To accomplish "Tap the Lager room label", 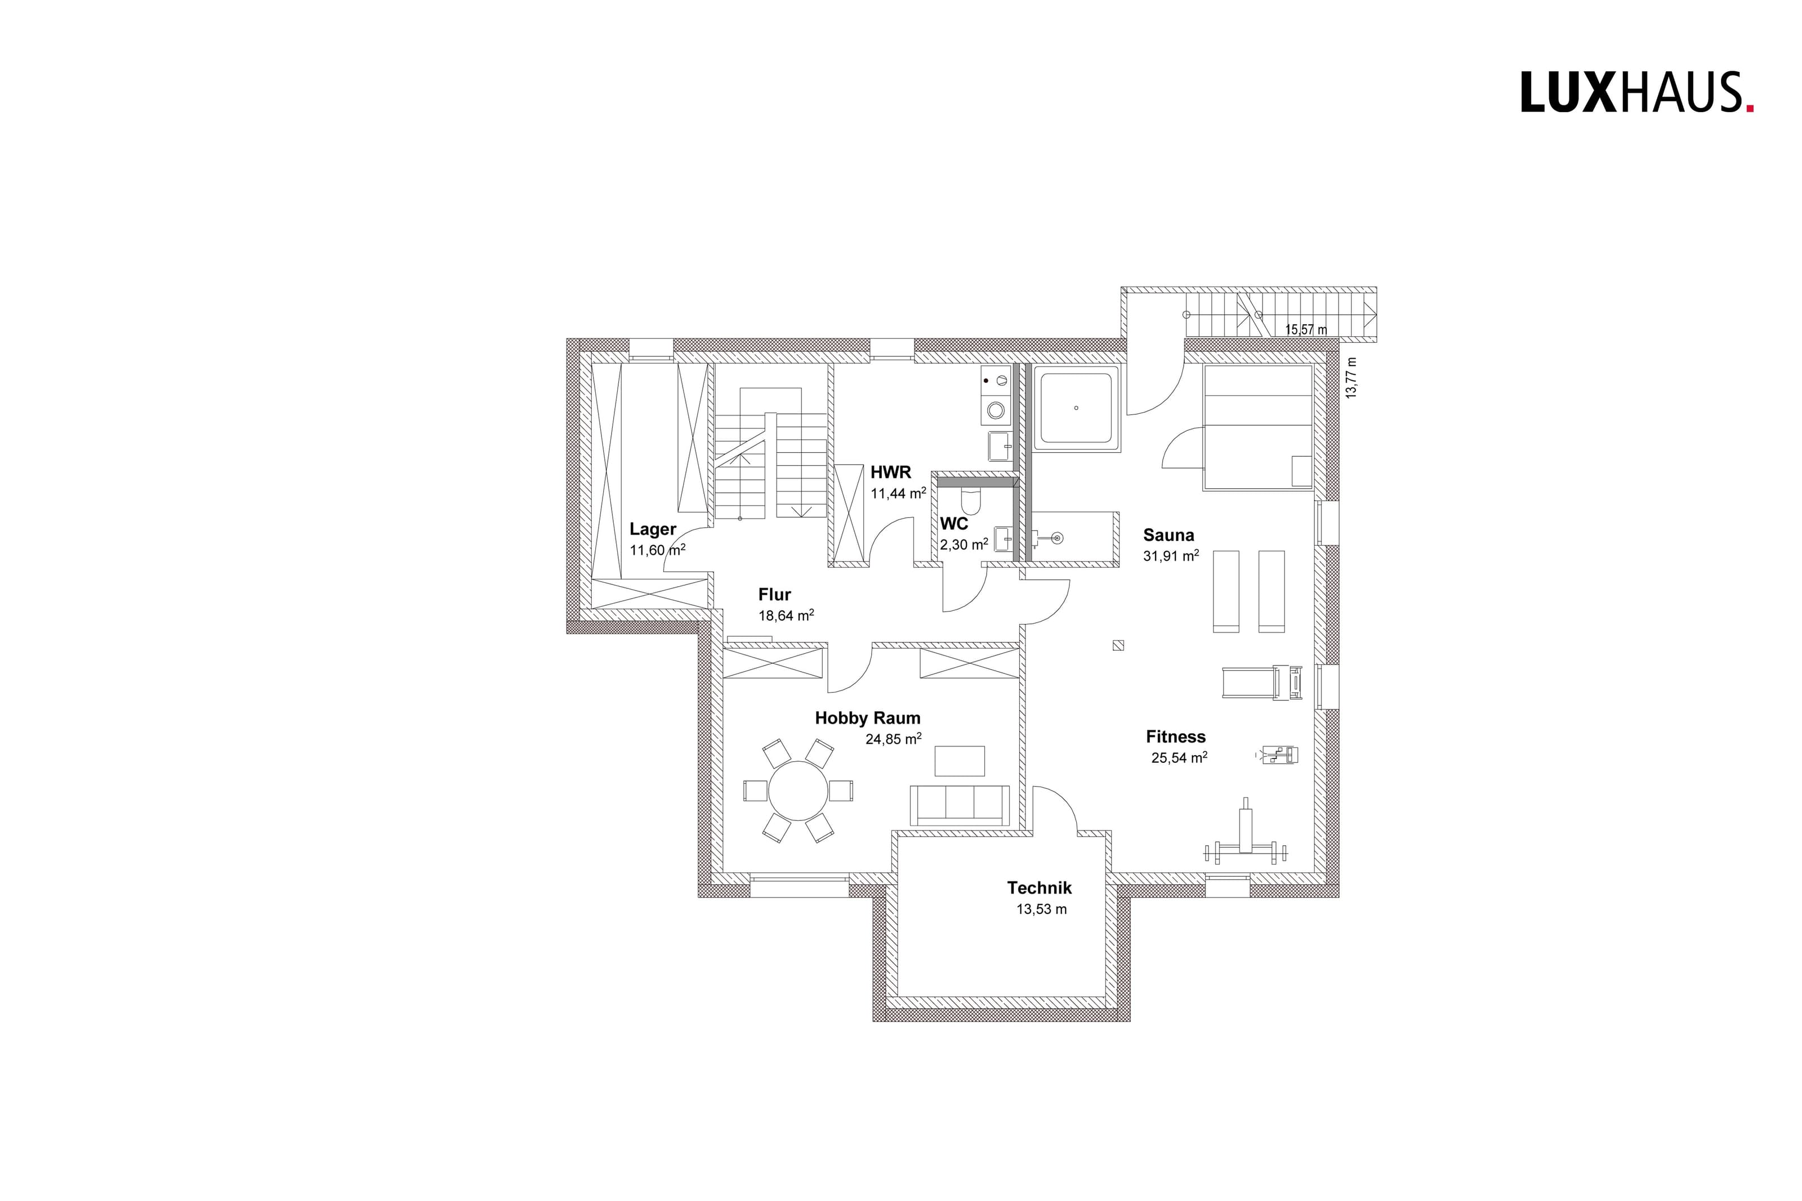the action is [653, 529].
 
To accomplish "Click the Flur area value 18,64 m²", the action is [786, 615].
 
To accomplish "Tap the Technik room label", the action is [1038, 888].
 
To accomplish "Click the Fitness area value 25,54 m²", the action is [1179, 757].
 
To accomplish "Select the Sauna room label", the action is [1168, 535].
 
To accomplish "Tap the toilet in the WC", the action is [971, 499].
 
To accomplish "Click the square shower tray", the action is [1076, 408].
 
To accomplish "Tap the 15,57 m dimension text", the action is [1306, 329].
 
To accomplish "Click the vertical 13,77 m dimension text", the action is [1351, 378].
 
